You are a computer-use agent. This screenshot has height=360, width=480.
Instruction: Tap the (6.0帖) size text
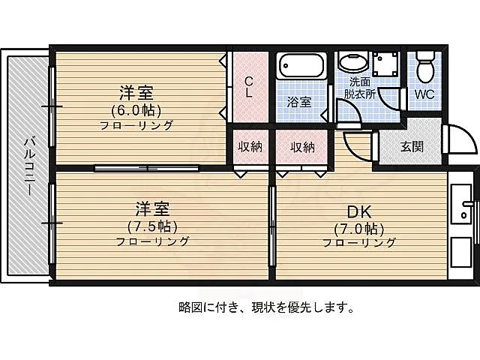pos(136,110)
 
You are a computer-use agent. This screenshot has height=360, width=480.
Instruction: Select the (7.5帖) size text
pos(152,226)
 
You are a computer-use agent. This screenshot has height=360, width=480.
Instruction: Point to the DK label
pos(359,211)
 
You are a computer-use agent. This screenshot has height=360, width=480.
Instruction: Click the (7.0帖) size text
pos(359,229)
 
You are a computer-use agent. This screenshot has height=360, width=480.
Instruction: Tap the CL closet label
pos(249,87)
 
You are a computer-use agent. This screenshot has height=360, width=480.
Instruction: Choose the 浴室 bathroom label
pos(299,102)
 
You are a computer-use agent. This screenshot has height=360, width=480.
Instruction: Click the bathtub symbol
pos(301,66)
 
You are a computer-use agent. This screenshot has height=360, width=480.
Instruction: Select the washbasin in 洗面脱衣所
pos(353,61)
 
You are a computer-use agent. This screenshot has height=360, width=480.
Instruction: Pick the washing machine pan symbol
pos(386,64)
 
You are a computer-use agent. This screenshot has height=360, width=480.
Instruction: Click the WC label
pos(424,94)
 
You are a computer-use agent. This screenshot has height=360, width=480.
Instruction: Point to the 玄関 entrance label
pos(412,147)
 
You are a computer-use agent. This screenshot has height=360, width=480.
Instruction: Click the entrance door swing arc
pos(469,134)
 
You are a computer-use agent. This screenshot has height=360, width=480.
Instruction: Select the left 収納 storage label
pos(250,147)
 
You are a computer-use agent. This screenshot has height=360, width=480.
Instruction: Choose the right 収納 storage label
pos(302,147)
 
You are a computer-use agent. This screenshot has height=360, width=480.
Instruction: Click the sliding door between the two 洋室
pos(147,168)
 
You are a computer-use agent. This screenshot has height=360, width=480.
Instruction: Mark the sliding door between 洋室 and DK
pos(272,226)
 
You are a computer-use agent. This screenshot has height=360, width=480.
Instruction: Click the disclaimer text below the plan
pos(265,307)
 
